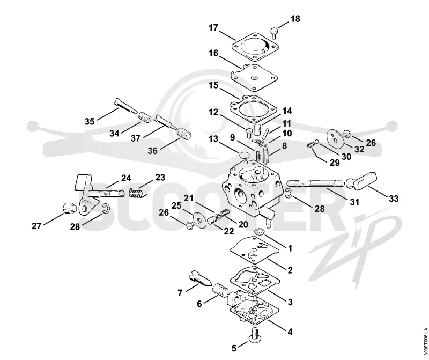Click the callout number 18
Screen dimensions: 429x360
click(295, 19)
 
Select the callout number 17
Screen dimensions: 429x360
click(213, 28)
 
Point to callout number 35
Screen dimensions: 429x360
click(90, 121)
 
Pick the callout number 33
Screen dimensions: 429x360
click(394, 198)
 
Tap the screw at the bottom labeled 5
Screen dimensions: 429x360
click(255, 335)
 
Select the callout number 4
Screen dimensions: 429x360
click(290, 332)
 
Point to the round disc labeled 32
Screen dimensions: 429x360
click(335, 136)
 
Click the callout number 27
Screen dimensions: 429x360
click(36, 226)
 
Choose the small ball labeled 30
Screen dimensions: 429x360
click(316, 141)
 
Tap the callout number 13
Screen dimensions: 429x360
click(213, 139)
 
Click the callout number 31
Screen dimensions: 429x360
click(354, 202)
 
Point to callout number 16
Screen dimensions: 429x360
click(213, 53)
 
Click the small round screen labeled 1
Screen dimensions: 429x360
click(260, 232)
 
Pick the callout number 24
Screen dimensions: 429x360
click(126, 178)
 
